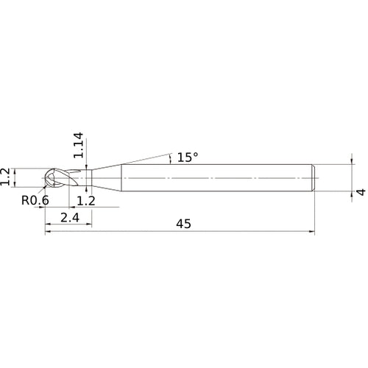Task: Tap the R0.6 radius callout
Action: [x=35, y=200]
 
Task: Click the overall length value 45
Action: [x=182, y=225]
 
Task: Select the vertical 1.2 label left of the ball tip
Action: [x=7, y=178]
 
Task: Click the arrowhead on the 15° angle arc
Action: [x=170, y=155]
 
